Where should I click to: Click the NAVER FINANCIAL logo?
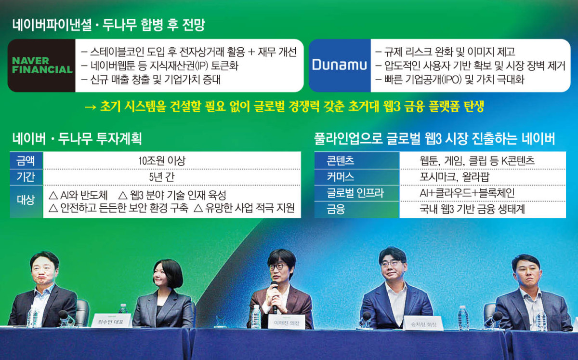tap(42, 66)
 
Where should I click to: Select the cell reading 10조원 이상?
tap(171, 160)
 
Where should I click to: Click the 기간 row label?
tap(26, 176)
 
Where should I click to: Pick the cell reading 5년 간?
tap(171, 176)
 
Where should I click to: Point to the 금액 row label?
tap(26, 160)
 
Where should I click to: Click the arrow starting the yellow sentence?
tap(90, 107)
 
